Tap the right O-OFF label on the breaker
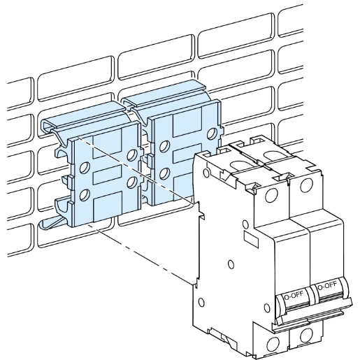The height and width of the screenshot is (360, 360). (327, 286)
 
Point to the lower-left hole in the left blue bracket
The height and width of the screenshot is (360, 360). (86, 195)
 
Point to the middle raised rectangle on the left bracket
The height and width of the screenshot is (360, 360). (109, 174)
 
